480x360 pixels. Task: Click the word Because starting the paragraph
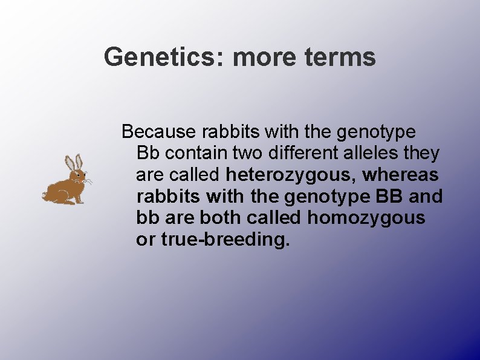click(x=158, y=131)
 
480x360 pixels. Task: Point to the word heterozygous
click(x=293, y=175)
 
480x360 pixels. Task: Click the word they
click(x=422, y=154)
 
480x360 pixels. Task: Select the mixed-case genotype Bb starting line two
click(x=146, y=154)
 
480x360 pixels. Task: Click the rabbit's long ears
click(x=73, y=162)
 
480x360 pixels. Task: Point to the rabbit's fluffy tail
click(x=45, y=195)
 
